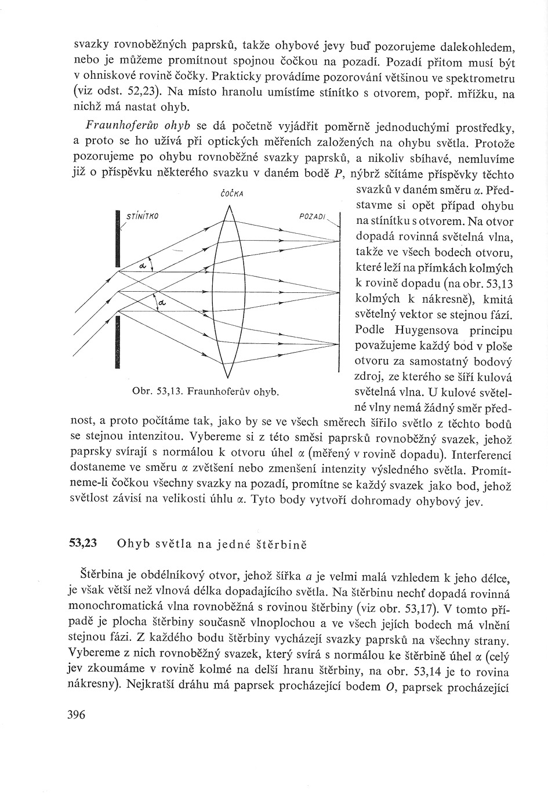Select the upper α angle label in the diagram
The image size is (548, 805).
(x=143, y=265)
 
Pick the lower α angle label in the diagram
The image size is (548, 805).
(x=161, y=303)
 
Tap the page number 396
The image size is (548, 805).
(x=76, y=715)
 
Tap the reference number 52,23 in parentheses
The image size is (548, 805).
(x=138, y=93)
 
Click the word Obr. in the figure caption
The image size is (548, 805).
(x=142, y=393)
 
